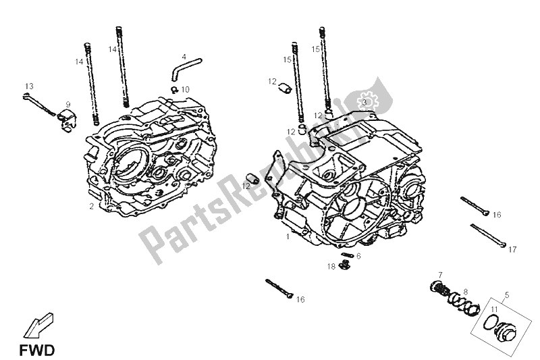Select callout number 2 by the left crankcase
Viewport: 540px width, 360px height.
(91, 206)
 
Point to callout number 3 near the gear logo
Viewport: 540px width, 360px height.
(363, 102)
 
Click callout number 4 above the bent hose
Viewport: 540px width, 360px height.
(184, 57)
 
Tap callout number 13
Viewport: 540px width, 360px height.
(29, 86)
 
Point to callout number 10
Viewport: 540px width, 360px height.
(186, 89)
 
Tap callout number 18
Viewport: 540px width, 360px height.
(331, 267)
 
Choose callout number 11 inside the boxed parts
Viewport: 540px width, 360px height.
(495, 309)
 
